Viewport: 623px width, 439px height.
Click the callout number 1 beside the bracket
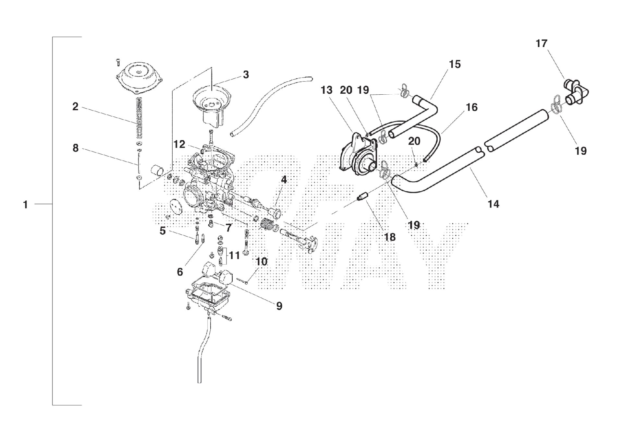[25, 205]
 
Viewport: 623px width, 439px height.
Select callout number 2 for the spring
[75, 106]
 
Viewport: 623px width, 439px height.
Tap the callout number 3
[246, 75]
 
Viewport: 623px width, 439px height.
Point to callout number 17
[541, 43]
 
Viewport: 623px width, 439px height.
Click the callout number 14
[493, 204]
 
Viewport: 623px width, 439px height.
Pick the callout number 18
[390, 237]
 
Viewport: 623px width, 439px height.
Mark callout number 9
[279, 306]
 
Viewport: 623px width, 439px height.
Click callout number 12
[179, 144]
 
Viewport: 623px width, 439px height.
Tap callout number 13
[326, 90]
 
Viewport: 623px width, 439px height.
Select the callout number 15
[455, 64]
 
